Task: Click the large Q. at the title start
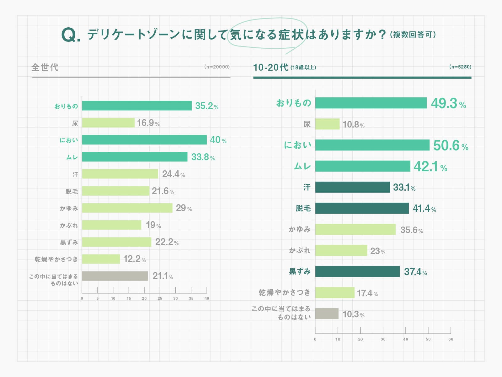tap(71, 35)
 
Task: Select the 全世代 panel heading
tap(45, 67)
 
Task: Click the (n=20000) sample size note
tap(217, 67)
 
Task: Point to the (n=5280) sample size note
tap(460, 67)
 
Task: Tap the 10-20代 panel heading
tap(270, 67)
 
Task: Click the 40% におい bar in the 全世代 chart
tap(144, 140)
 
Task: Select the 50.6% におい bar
tap(372, 145)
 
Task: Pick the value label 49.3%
tap(448, 103)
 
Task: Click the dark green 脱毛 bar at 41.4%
tap(362, 208)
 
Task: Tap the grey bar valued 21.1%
tap(115, 276)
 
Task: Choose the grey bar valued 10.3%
tap(327, 314)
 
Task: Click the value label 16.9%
tap(148, 123)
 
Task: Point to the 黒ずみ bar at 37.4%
tap(357, 271)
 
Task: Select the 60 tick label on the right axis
tap(451, 339)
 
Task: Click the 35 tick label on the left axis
tap(191, 298)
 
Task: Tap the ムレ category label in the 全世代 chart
tap(72, 157)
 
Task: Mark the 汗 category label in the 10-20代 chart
tap(307, 188)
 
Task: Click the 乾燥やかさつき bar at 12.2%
tap(101, 259)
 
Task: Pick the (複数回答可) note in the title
tap(413, 35)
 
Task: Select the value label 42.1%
tap(430, 167)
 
